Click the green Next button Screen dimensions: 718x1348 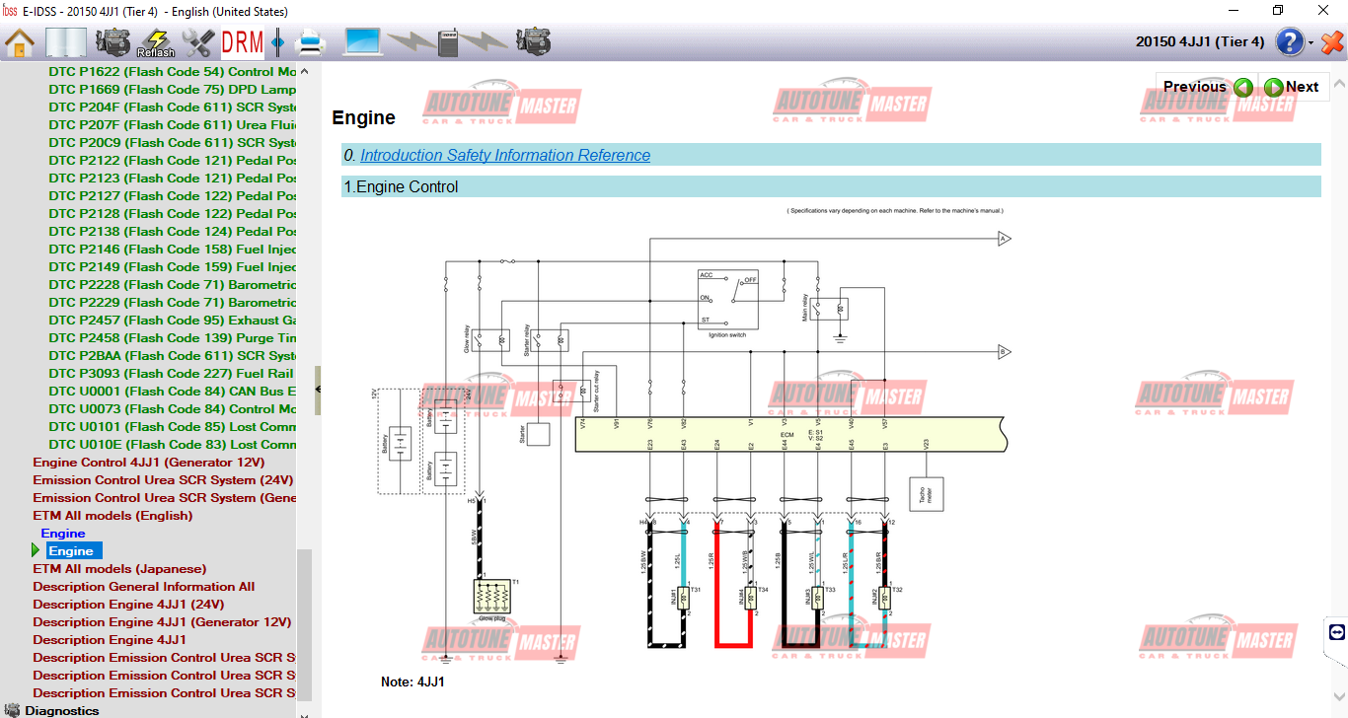(1292, 87)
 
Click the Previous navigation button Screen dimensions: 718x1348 (1207, 87)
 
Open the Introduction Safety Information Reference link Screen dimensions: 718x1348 (504, 155)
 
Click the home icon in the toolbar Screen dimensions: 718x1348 (20, 42)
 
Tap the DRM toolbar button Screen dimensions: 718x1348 (242, 42)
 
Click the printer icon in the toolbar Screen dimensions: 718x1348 (310, 42)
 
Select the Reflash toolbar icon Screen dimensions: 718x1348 (155, 42)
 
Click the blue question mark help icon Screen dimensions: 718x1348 (1290, 42)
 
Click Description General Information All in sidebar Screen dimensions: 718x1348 (143, 586)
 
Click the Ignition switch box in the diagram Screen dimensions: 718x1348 (727, 300)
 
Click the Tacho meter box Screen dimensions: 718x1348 (926, 494)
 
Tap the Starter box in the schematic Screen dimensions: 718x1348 (540, 434)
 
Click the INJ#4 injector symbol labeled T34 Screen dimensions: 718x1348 (750, 598)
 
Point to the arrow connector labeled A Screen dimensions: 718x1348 (1004, 239)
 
